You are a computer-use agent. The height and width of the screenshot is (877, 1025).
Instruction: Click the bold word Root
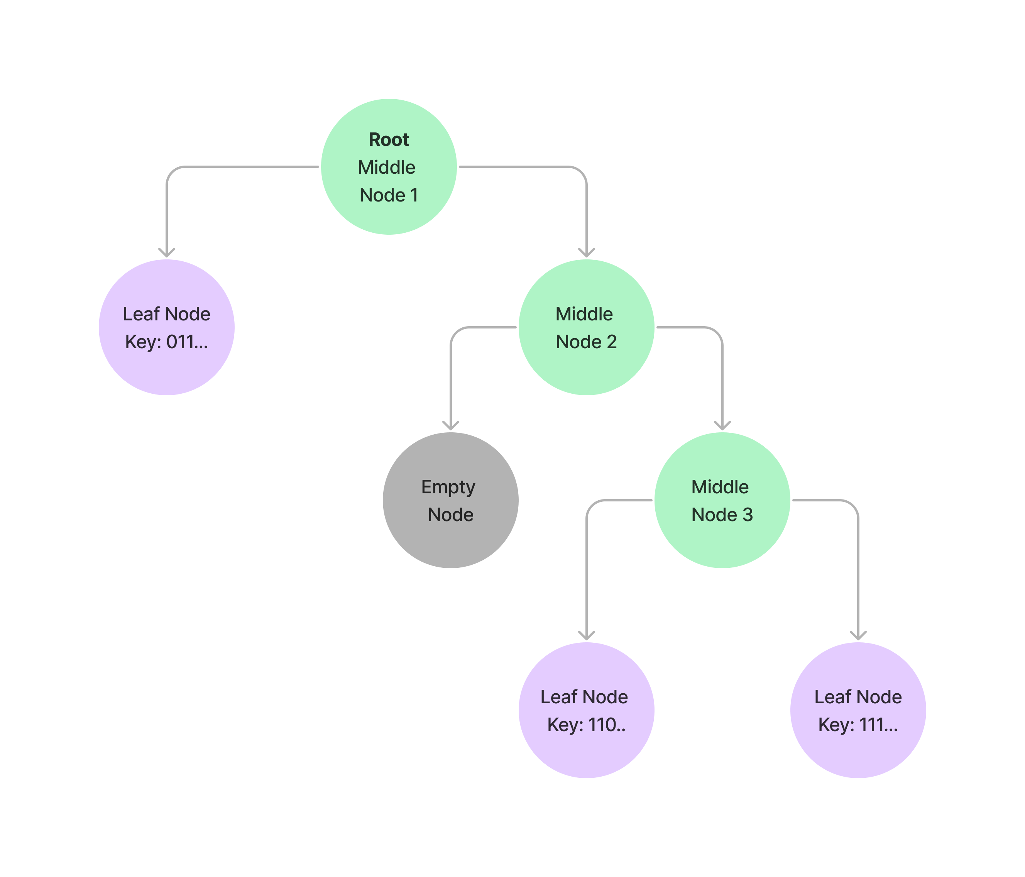coord(389,140)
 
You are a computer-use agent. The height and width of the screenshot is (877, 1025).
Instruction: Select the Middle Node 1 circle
coord(389,167)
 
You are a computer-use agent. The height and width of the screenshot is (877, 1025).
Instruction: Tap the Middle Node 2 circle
coord(586,327)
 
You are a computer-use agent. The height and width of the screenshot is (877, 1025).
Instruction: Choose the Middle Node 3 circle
coord(722,500)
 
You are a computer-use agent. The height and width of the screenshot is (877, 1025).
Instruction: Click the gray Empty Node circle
coord(451,500)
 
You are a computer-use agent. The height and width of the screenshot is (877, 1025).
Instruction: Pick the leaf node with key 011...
coord(167,327)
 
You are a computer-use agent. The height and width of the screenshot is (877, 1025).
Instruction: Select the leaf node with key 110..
coord(586,710)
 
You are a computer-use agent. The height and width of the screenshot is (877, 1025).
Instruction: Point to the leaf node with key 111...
coord(858,710)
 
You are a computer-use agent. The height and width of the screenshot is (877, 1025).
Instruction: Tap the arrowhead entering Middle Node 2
coord(586,252)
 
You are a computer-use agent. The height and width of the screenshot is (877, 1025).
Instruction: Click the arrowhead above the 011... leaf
coord(167,252)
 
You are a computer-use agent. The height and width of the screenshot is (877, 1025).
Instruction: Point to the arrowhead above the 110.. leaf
coord(586,635)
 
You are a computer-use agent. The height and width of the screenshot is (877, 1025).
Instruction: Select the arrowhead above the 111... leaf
coord(858,635)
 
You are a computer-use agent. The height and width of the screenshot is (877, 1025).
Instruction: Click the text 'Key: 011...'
coord(167,342)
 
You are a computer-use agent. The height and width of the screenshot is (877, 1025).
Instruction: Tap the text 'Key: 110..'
coord(586,725)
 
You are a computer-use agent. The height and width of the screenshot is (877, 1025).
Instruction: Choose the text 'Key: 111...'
coord(858,725)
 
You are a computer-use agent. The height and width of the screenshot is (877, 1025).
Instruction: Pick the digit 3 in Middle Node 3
coord(748,515)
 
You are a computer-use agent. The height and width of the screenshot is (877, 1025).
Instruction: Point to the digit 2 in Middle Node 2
coord(611,342)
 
